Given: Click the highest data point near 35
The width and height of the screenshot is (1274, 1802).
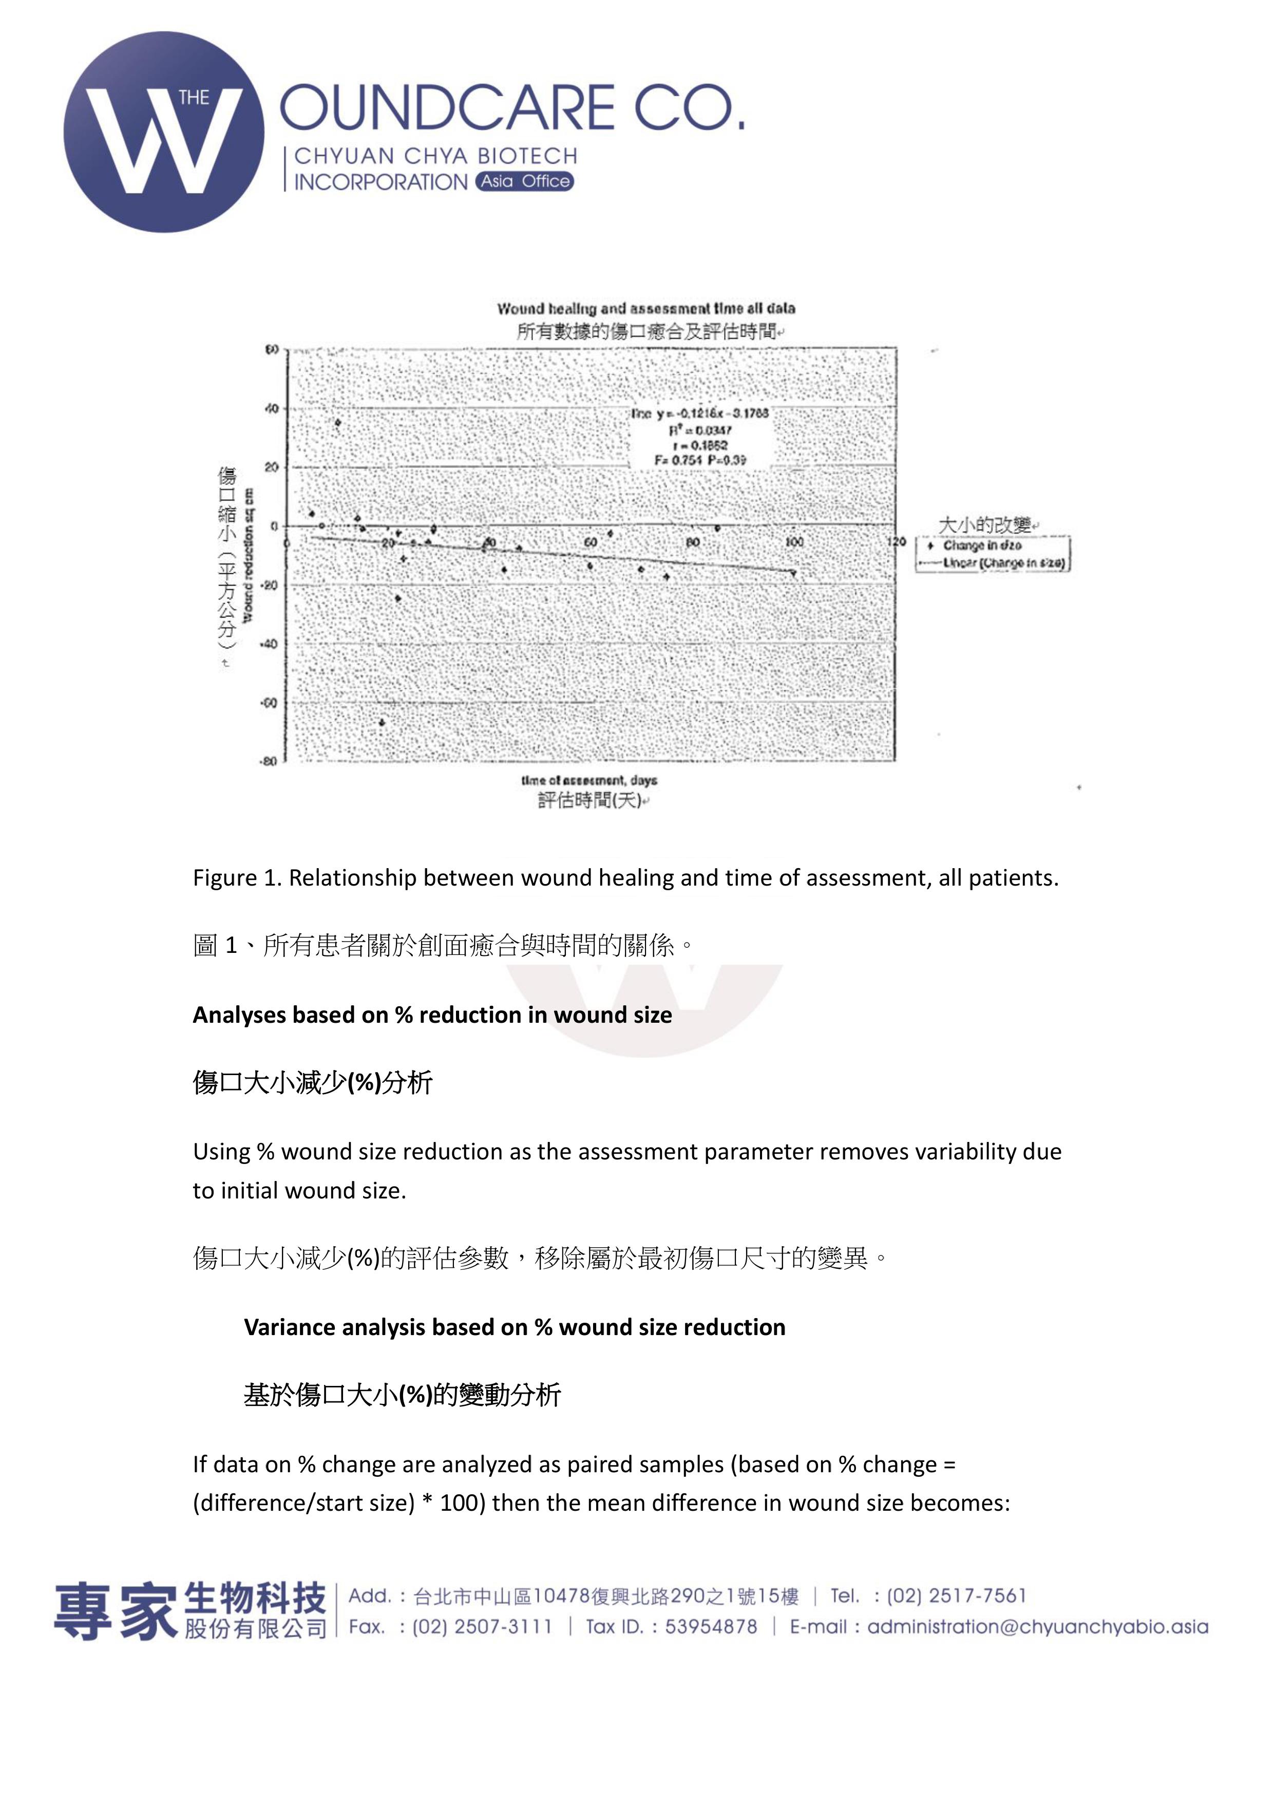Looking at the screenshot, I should tap(337, 423).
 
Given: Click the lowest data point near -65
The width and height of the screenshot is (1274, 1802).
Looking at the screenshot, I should tap(382, 722).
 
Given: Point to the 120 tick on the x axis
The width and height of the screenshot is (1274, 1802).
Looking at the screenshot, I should tap(896, 541).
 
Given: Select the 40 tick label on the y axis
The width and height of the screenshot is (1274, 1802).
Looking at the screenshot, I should tap(272, 408).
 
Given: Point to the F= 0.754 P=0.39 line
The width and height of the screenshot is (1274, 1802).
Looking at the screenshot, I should tap(700, 460).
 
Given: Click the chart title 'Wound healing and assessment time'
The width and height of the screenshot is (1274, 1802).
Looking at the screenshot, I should tap(645, 308).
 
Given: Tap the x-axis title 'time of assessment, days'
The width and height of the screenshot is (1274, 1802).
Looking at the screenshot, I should tap(589, 780).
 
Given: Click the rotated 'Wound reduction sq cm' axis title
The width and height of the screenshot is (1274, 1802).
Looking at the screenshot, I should tap(248, 556).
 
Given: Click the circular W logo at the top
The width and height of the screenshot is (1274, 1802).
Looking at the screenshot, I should tap(164, 132).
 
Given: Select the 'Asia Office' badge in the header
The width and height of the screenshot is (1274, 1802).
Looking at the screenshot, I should tap(524, 181).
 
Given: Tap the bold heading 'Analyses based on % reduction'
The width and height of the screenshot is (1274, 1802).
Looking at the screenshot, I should tap(432, 1015).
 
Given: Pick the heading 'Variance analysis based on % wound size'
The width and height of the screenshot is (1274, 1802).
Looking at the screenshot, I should tap(515, 1327).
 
